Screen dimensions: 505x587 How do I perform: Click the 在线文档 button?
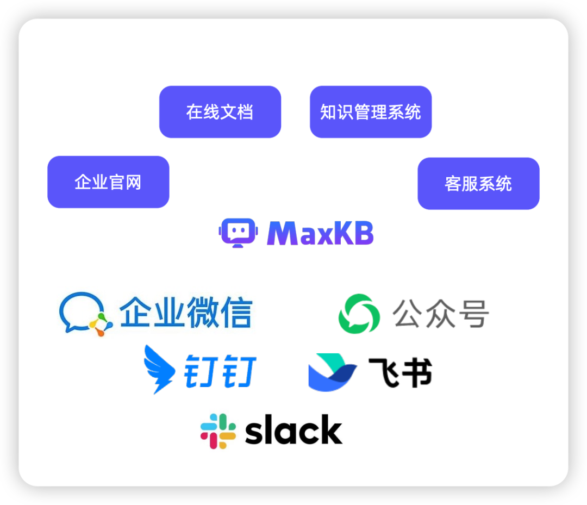coord(220,112)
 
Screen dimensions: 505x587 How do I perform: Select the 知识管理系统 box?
coord(370,112)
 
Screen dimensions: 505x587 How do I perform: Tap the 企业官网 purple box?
coord(108,182)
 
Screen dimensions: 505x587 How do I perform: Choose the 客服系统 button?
coord(478,184)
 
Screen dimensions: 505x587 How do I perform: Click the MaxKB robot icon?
coord(237,233)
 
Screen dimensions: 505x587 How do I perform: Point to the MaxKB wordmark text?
coord(320,233)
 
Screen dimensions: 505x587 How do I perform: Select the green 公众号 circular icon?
coord(359,314)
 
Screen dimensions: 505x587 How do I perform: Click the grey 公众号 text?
coord(441,314)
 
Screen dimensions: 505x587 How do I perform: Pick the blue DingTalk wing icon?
coord(159,369)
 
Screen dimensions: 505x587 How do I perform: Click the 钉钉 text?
coord(221,372)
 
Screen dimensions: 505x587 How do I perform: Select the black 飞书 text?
coord(400,372)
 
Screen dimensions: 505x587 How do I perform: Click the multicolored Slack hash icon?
coord(218,431)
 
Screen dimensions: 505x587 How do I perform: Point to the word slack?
coord(293,431)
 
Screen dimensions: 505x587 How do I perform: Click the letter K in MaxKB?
coord(345,233)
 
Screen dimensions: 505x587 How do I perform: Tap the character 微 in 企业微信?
coord(201,313)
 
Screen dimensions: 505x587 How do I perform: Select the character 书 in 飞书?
coord(417,372)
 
